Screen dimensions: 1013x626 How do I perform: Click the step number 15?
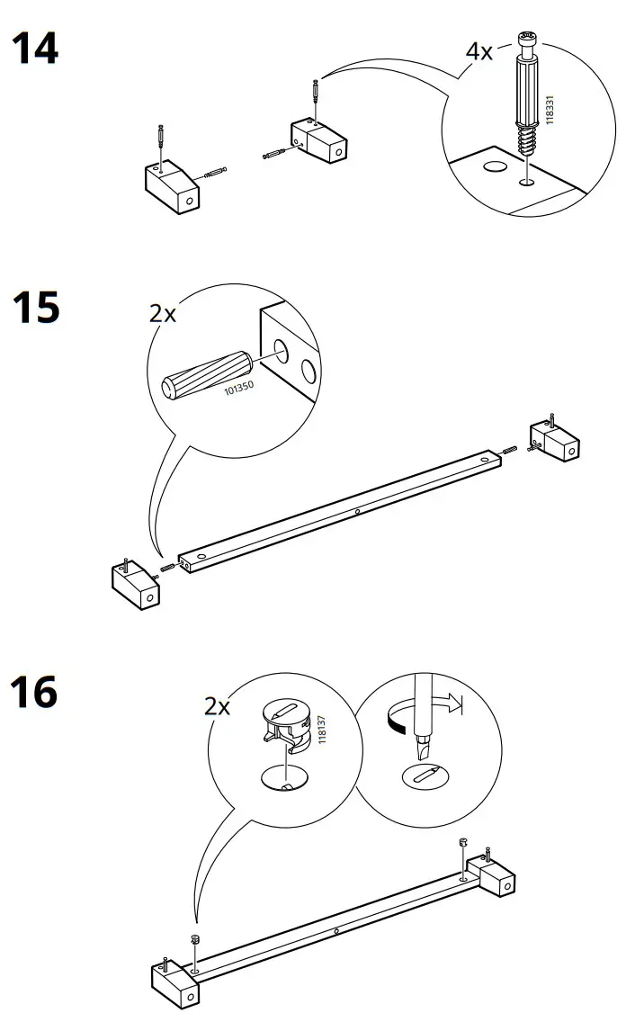(x=35, y=308)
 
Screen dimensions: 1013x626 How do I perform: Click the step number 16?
(x=35, y=693)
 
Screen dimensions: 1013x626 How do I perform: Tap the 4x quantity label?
(x=478, y=51)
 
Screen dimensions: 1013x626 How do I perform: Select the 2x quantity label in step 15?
(x=163, y=313)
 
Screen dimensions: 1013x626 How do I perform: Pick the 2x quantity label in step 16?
(x=217, y=706)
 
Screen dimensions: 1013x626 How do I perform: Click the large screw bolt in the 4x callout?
(x=526, y=94)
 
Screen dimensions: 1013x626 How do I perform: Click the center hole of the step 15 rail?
(x=357, y=512)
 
